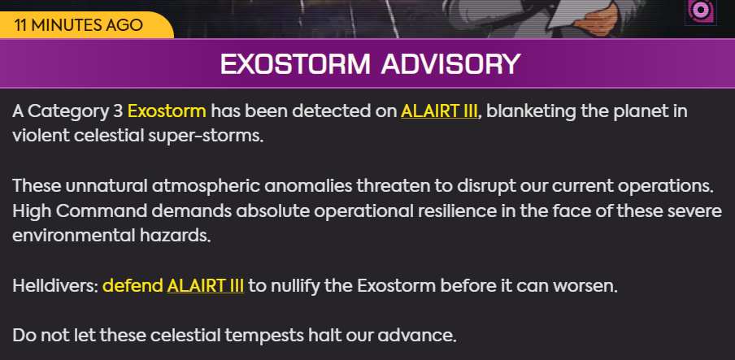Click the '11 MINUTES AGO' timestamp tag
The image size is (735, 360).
pyautogui.click(x=78, y=24)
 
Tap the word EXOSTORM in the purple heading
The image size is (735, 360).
pyautogui.click(x=295, y=63)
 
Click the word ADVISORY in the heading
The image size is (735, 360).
pyautogui.click(x=450, y=63)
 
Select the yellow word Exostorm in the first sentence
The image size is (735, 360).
pyautogui.click(x=167, y=111)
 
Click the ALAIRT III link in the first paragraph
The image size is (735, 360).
pyautogui.click(x=439, y=111)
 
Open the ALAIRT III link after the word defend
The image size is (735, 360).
pyautogui.click(x=206, y=285)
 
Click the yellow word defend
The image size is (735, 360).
pyautogui.click(x=133, y=285)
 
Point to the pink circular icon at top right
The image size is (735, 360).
pyautogui.click(x=701, y=11)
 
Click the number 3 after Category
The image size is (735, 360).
pyautogui.click(x=118, y=111)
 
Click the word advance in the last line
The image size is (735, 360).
pyautogui.click(x=417, y=336)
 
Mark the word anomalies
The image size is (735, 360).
pyautogui.click(x=308, y=186)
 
